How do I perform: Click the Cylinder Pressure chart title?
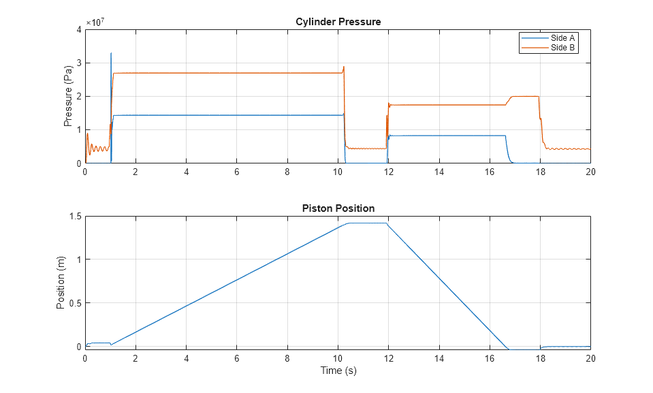(338, 22)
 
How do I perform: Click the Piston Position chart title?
(338, 208)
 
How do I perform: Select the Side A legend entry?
(562, 38)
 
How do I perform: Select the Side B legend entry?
(562, 47)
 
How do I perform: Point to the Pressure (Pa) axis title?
(67, 96)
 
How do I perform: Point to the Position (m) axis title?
(61, 282)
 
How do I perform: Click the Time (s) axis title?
(338, 371)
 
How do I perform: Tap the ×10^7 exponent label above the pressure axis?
(95, 22)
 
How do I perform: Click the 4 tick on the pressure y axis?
(78, 29)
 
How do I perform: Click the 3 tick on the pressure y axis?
(78, 63)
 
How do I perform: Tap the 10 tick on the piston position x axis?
(338, 358)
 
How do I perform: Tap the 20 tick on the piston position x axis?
(590, 358)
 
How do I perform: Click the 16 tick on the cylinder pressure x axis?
(489, 172)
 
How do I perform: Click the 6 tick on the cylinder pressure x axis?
(237, 172)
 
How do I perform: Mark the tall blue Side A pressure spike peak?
(111, 53)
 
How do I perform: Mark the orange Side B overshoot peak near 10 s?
(344, 67)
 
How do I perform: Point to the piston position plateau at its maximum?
(368, 223)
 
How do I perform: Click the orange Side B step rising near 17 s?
(509, 101)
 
